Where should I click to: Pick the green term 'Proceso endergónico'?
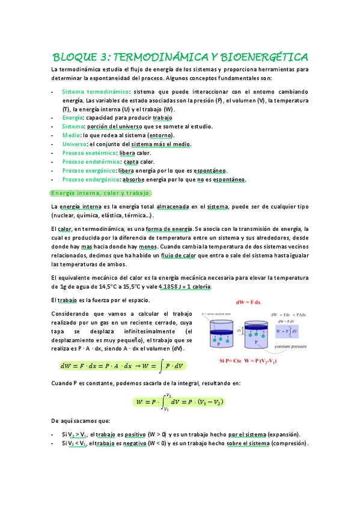pos(90,180)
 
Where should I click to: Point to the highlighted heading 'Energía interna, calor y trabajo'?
pos(101,193)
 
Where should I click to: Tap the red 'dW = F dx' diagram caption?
pos(248,302)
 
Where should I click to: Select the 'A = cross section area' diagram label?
pos(219,313)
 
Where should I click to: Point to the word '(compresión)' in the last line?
pos(288,444)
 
